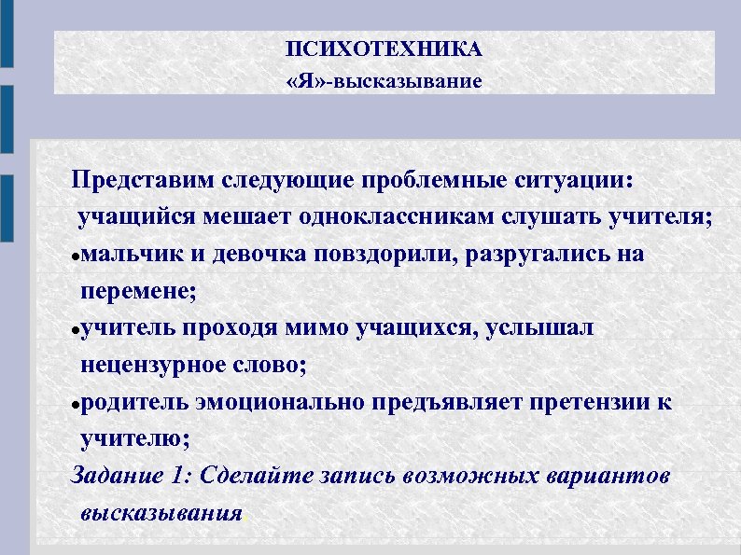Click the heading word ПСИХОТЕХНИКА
point(384,49)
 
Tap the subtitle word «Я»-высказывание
point(384,81)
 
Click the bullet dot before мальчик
point(77,257)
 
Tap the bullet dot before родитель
point(77,404)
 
